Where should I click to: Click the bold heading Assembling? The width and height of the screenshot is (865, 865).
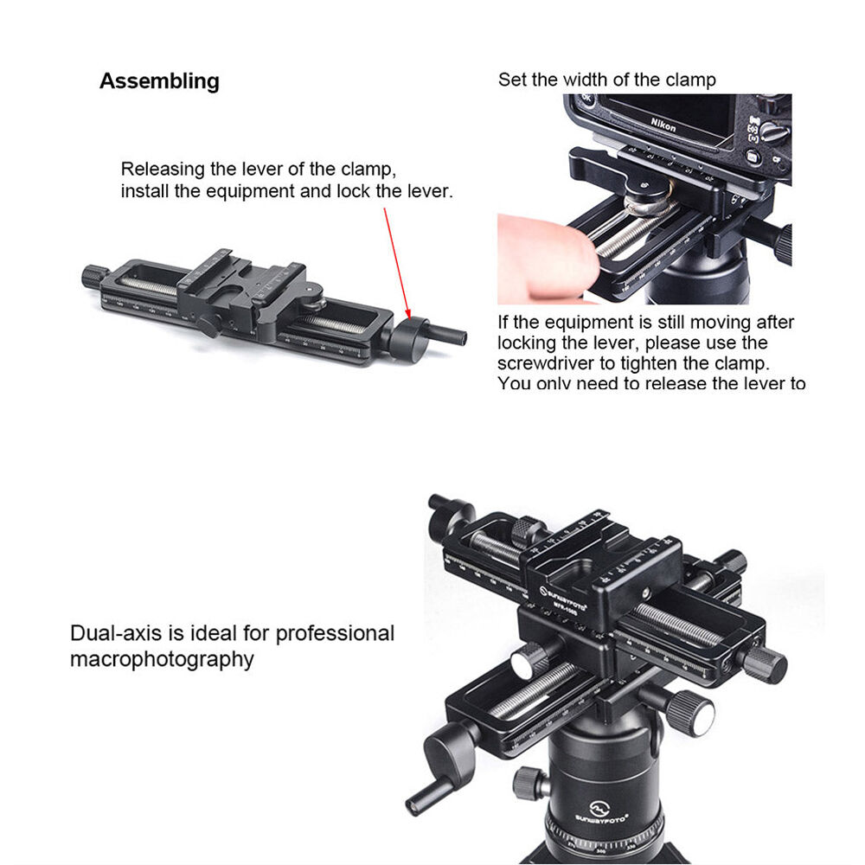(159, 81)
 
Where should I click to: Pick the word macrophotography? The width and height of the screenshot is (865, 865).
(162, 659)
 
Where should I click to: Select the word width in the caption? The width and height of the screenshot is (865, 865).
(586, 80)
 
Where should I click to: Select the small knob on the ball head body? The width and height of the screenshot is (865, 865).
(527, 784)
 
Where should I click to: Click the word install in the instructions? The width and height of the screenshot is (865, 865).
(146, 191)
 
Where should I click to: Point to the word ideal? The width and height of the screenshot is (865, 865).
(207, 633)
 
